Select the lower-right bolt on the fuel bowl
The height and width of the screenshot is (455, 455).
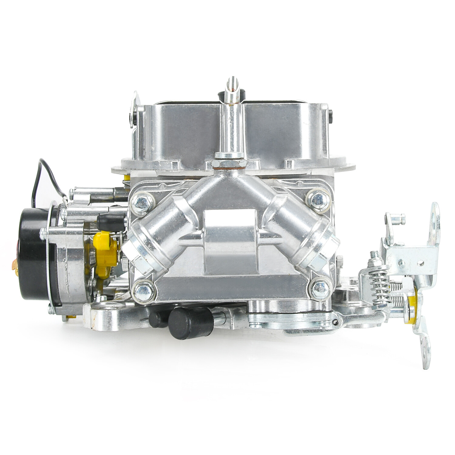(318, 286)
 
